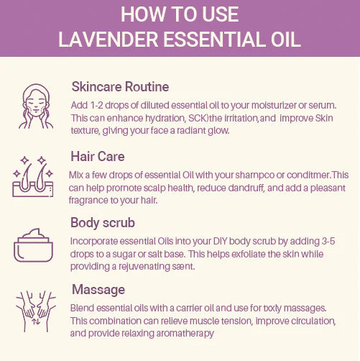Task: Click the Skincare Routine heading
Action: [x=120, y=86]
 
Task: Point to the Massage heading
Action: [x=99, y=289]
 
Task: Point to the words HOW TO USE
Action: [x=180, y=14]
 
